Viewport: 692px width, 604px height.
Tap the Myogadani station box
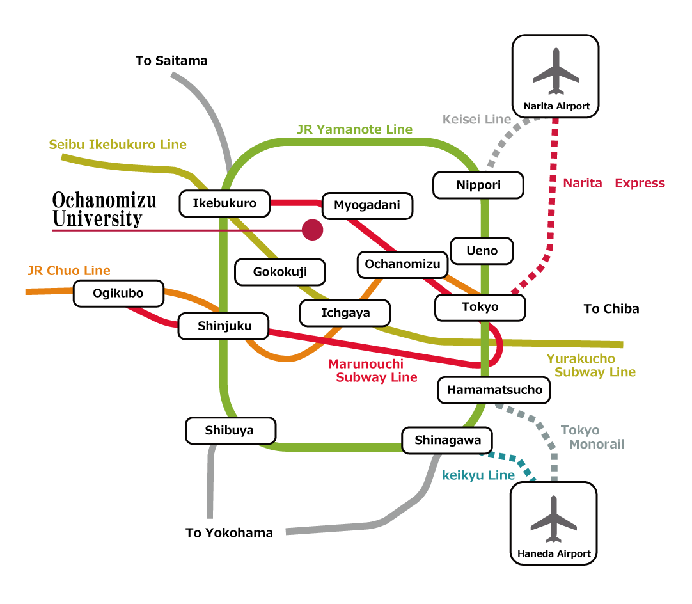click(367, 205)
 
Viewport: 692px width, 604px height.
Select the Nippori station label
click(478, 186)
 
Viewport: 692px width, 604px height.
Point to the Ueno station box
click(482, 251)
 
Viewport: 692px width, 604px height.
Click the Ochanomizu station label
click(402, 264)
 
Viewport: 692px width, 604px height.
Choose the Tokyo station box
click(480, 307)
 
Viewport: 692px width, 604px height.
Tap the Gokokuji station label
click(280, 272)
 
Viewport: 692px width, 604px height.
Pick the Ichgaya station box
click(345, 314)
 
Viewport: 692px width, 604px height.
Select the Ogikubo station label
click(118, 294)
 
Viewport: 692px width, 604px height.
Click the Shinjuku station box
click(224, 326)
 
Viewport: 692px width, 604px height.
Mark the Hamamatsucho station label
click(494, 390)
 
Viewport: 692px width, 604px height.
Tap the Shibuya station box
click(230, 431)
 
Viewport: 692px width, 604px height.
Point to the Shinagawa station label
click(447, 440)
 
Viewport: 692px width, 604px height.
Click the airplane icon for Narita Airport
click(556, 70)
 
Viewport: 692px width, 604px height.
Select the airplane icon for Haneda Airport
click(554, 518)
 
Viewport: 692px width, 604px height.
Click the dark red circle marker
click(312, 230)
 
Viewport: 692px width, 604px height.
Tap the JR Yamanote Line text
click(354, 130)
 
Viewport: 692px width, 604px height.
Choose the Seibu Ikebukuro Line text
click(118, 145)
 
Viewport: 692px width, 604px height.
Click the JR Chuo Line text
click(68, 271)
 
